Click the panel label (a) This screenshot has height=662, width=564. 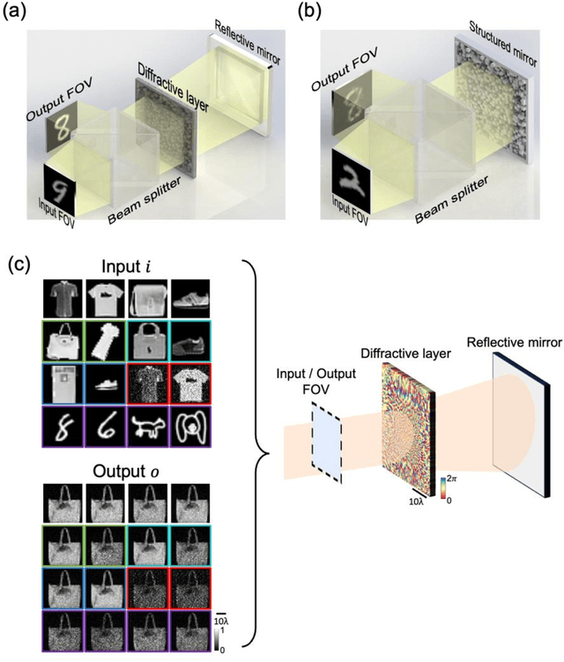coord(19,11)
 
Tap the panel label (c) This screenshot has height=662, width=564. coord(19,263)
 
